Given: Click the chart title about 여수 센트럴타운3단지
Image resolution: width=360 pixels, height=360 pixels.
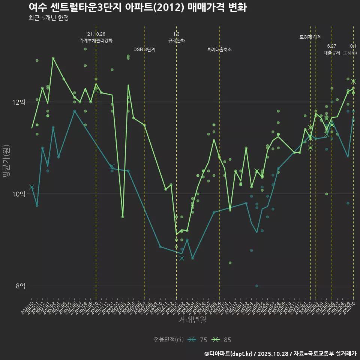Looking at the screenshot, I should (x=137, y=7).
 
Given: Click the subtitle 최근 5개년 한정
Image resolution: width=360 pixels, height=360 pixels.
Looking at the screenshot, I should (x=48, y=18).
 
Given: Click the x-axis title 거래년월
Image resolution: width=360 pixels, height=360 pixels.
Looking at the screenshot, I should (x=192, y=320).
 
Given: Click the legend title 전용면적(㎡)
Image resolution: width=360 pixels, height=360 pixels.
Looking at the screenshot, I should (x=169, y=340).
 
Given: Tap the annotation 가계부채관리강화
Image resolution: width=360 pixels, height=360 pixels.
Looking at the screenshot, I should (x=96, y=40).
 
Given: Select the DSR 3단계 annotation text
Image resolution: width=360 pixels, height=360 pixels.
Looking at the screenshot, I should (x=144, y=49).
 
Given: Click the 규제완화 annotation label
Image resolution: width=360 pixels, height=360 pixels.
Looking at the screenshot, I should (x=176, y=40).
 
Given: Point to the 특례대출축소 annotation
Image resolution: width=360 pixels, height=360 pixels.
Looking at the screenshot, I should (x=219, y=49).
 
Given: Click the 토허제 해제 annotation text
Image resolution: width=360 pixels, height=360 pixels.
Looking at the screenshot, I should (x=310, y=37).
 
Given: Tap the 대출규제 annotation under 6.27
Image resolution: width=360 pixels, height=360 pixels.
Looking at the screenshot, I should (x=331, y=53).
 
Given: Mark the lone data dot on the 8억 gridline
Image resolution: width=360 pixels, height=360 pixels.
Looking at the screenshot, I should (x=257, y=286).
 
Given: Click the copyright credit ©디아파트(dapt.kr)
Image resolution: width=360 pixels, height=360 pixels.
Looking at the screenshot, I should (x=228, y=354).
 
